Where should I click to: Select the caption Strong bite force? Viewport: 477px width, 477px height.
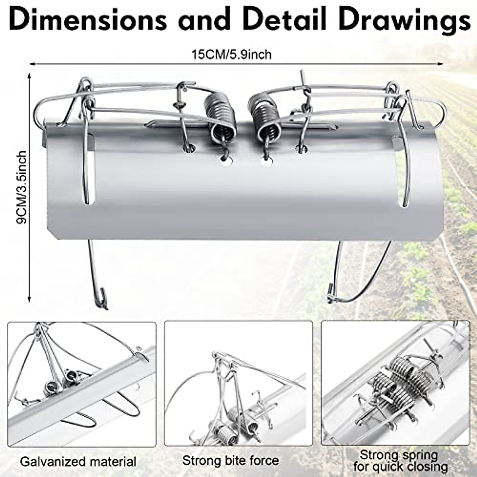click(231, 461)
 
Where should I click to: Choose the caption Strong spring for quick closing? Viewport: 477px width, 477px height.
click(399, 460)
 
